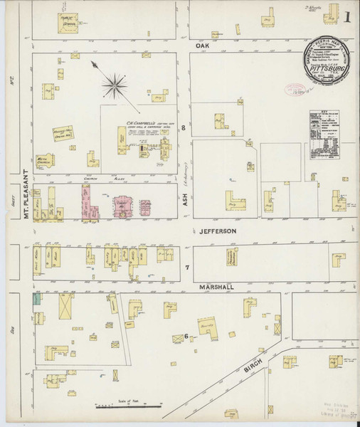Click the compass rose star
pos(114,87)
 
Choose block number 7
pos(186,267)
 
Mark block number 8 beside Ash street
pos(183,128)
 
